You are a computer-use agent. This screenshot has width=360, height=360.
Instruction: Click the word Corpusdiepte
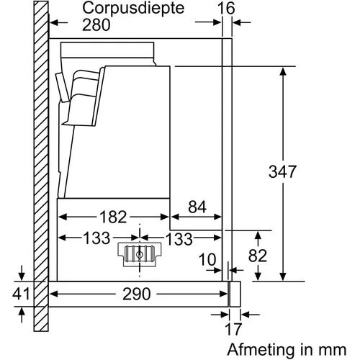133,9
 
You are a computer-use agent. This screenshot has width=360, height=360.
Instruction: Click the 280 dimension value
96,24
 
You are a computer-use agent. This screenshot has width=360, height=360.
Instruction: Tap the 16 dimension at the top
226,9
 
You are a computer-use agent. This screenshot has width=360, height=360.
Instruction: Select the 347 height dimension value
282,171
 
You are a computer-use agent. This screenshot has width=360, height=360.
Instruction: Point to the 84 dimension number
197,207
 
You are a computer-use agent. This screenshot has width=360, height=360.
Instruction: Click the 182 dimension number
113,217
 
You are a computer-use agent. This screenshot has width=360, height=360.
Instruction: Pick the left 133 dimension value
96,238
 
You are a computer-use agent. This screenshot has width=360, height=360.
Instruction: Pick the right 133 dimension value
179,239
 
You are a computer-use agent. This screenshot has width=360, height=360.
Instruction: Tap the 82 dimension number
258,256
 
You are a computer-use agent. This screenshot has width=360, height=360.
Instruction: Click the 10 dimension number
207,260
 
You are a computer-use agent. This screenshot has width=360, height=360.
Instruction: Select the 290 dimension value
137,294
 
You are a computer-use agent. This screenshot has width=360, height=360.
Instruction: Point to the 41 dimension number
21,294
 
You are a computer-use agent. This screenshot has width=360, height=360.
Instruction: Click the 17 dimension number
233,329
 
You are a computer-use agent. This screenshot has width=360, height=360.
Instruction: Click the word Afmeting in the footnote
261,351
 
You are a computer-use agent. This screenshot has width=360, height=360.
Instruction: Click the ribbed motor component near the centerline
140,254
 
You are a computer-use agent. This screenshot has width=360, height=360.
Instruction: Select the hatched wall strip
41,166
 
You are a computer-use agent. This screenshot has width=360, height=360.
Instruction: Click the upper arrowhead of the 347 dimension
283,71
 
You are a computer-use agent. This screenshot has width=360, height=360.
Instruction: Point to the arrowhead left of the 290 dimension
54,294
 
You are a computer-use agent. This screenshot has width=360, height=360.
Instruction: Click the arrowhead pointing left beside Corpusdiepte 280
54,23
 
